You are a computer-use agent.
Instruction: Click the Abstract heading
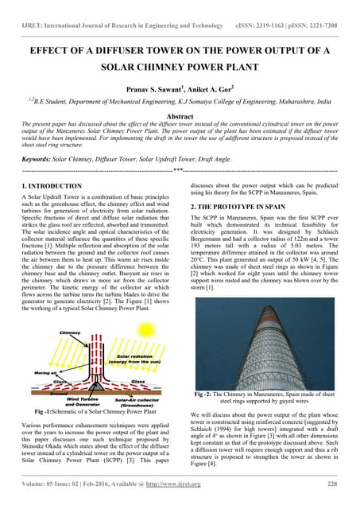pyautogui.click(x=180, y=115)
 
